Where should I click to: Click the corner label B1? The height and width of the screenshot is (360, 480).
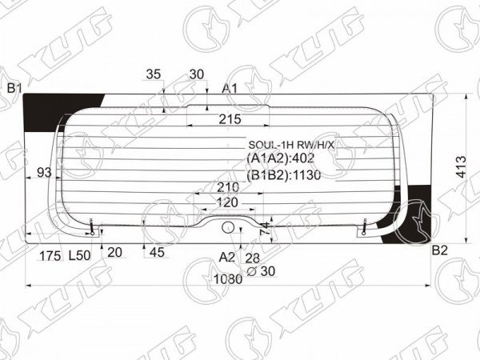point(14,89)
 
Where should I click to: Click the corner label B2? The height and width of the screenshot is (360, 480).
point(440,250)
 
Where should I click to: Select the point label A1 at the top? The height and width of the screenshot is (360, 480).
point(230,89)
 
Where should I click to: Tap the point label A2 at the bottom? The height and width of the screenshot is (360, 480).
point(227,258)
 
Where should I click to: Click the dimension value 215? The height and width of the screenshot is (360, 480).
point(230,119)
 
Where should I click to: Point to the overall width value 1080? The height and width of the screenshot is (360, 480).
point(228,279)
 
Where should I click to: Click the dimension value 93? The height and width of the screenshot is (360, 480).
point(44,173)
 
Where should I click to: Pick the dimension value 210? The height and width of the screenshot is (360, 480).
point(228,187)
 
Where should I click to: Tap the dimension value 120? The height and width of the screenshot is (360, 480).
point(227,202)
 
